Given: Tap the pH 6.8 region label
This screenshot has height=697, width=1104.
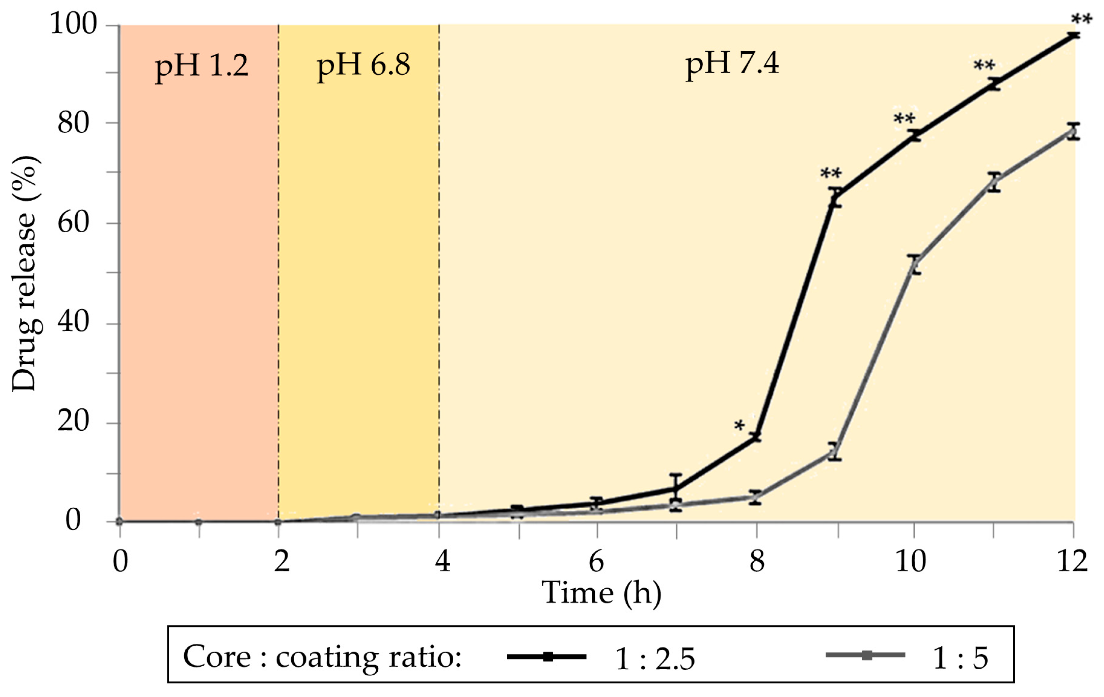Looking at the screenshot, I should [363, 65].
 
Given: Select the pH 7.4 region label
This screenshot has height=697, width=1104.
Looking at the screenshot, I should [732, 64].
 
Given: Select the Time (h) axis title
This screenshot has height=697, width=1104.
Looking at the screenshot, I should [601, 593].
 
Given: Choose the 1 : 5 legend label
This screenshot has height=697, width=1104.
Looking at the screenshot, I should [961, 659].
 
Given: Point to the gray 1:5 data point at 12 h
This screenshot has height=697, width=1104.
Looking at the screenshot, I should [1073, 132].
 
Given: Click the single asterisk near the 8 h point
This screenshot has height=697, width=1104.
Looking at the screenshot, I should [739, 426].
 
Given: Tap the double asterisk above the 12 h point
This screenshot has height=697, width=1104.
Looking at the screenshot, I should [1081, 19].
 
